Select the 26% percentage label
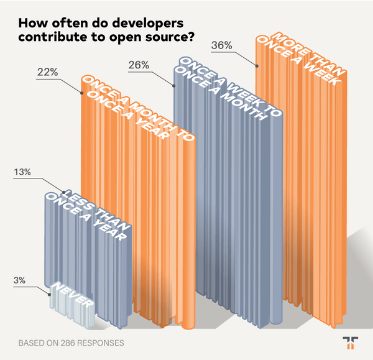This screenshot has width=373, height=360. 137,64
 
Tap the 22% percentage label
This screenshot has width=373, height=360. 47,73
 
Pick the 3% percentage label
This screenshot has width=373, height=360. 19,280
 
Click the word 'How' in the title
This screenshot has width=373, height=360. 32,24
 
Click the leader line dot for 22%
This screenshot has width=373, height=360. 81,92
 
